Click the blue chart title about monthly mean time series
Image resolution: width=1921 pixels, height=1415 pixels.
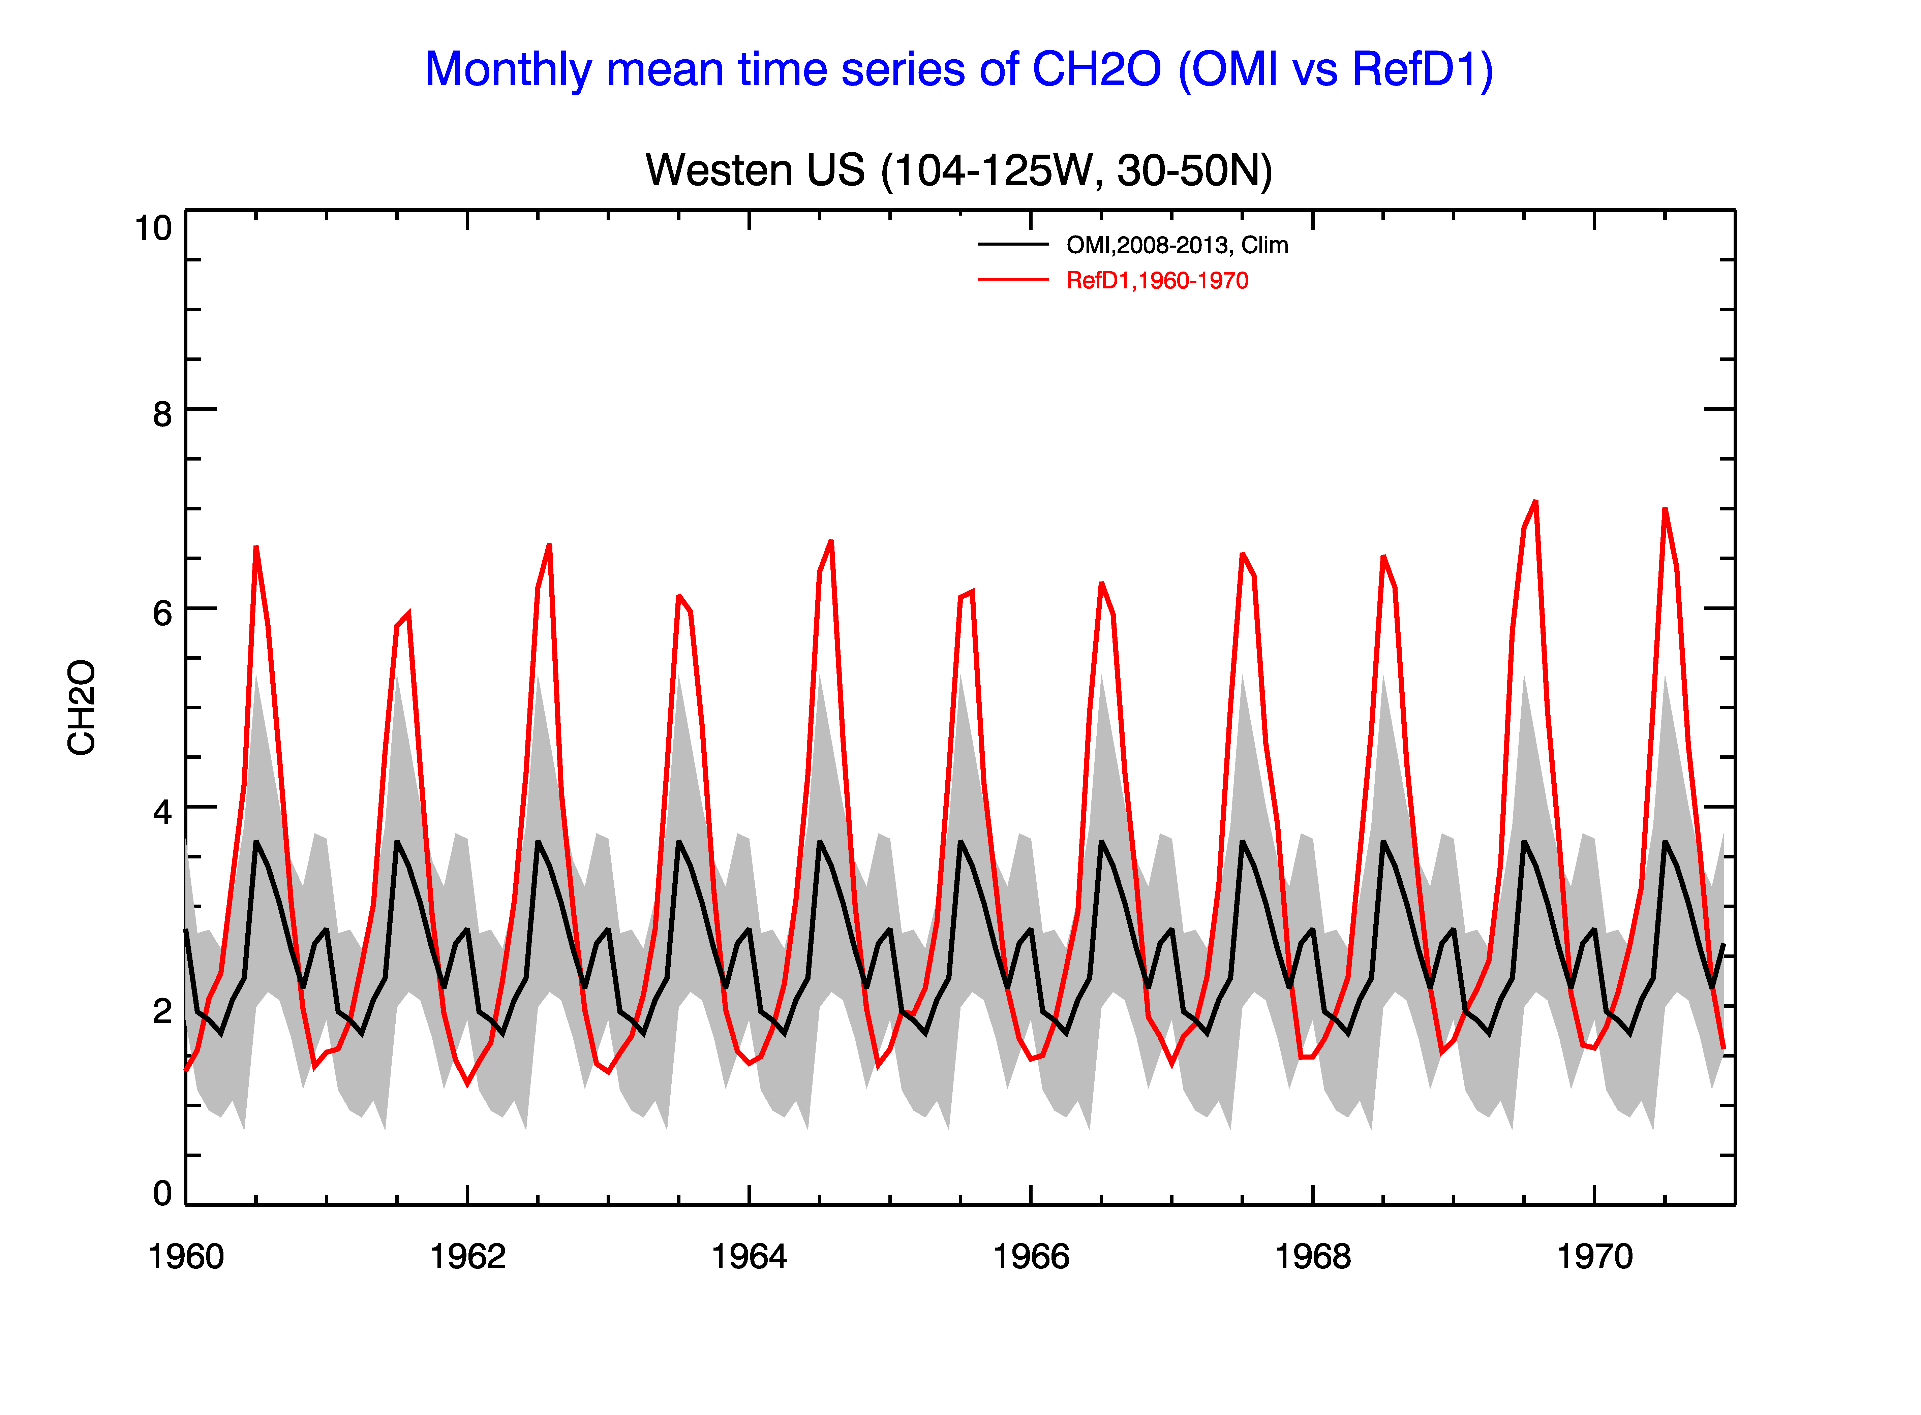tap(959, 69)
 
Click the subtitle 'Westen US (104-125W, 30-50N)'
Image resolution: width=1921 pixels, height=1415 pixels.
tap(959, 169)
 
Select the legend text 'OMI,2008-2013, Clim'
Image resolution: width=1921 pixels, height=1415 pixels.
tap(1177, 245)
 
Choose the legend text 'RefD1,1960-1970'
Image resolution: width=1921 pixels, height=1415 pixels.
tap(1157, 280)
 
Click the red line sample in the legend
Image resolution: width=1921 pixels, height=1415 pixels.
tap(1013, 279)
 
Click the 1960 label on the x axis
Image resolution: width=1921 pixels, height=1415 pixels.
tap(186, 1257)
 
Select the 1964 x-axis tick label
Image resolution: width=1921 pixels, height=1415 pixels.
tap(749, 1257)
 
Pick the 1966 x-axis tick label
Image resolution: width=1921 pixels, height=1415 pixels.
tap(1031, 1257)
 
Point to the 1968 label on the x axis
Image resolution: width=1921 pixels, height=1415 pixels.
tap(1313, 1257)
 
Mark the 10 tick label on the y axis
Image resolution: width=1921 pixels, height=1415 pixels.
tap(153, 229)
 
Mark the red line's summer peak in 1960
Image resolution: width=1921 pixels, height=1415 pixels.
tap(256, 547)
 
